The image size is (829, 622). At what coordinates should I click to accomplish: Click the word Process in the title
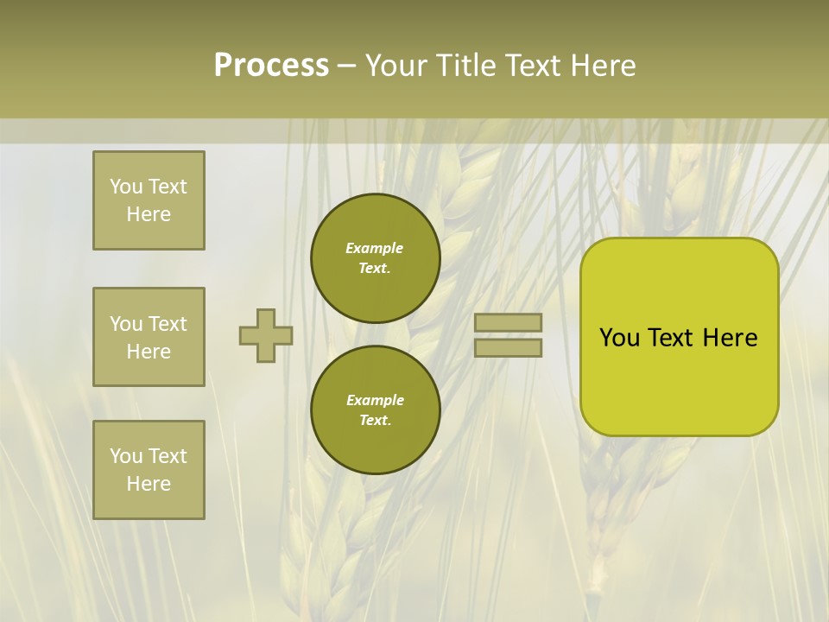coord(271,66)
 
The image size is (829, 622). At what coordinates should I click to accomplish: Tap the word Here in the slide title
coord(602,66)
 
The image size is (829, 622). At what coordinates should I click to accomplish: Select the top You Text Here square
coord(149,200)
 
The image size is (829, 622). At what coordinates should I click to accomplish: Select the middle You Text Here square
coord(149,337)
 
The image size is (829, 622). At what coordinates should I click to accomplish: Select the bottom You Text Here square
coord(149,470)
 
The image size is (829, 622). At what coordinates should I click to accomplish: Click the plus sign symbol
coord(266,335)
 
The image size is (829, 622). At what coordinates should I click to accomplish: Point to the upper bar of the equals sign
coord(509,322)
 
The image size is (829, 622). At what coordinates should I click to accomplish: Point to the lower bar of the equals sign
coord(509,347)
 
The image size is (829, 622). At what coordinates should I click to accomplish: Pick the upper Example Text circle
coord(376,258)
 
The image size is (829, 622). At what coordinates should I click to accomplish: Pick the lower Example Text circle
coord(376,409)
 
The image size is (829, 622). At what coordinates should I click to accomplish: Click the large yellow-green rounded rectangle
coord(679,337)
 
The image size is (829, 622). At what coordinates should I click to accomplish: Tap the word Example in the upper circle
coord(375,248)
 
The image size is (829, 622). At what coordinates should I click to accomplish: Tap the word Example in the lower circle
coord(375,400)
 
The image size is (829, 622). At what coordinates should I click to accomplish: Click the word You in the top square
coord(126,187)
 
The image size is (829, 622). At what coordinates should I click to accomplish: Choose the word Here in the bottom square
coord(149,484)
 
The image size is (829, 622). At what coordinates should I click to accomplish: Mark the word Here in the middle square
coord(149,352)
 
